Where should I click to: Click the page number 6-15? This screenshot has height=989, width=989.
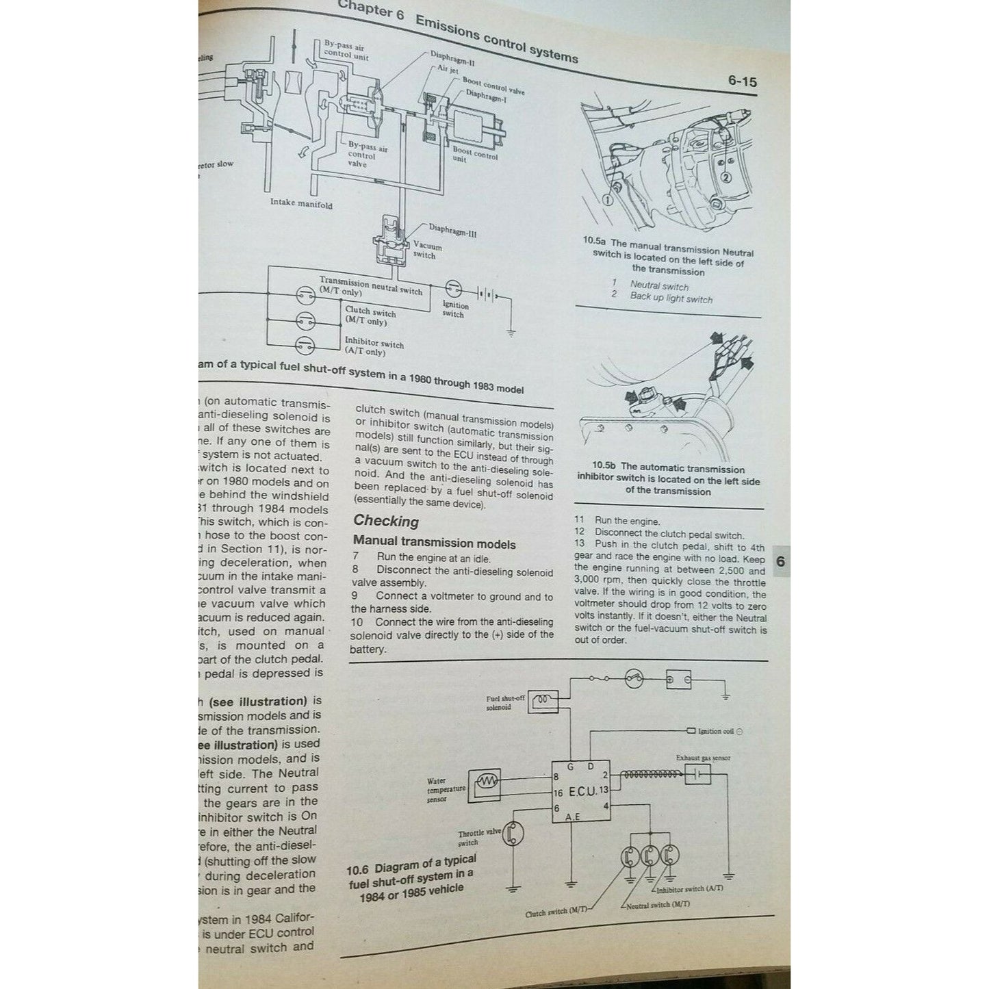pyautogui.click(x=742, y=81)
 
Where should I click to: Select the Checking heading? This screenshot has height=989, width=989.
pyautogui.click(x=386, y=522)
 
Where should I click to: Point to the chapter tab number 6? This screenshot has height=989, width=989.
pyautogui.click(x=780, y=562)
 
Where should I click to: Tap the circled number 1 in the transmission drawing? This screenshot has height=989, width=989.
pyautogui.click(x=607, y=200)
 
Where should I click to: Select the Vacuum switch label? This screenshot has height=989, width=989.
pyautogui.click(x=427, y=251)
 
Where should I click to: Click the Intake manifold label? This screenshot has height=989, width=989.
pyautogui.click(x=300, y=203)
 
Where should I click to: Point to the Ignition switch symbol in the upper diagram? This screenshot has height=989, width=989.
pyautogui.click(x=453, y=288)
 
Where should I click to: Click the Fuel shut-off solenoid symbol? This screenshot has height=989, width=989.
pyautogui.click(x=544, y=701)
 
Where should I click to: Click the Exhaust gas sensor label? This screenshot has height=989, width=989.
pyautogui.click(x=703, y=758)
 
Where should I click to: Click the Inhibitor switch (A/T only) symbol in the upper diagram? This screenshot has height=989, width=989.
pyautogui.click(x=305, y=344)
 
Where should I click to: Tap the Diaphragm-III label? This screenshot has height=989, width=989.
pyautogui.click(x=452, y=231)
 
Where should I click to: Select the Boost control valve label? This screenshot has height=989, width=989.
pyautogui.click(x=493, y=86)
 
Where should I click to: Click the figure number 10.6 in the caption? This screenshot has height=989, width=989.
pyautogui.click(x=357, y=871)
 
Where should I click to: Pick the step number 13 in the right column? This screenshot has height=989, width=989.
pyautogui.click(x=580, y=544)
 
